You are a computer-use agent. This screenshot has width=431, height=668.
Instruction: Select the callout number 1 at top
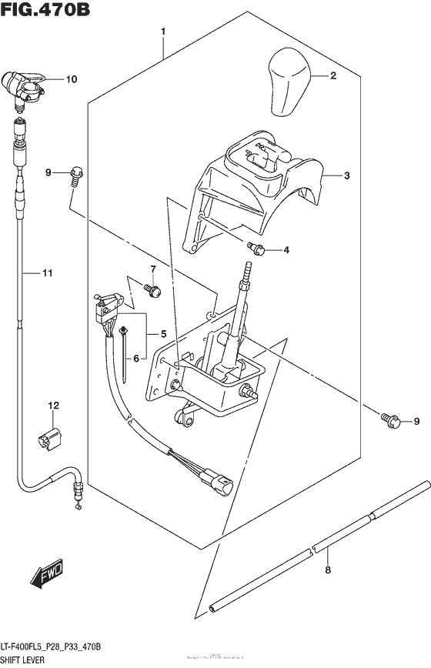pyautogui.click(x=163, y=32)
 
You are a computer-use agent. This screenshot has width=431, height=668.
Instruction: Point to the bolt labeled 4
pyautogui.click(x=256, y=249)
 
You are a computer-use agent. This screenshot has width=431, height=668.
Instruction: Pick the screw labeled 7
pyautogui.click(x=152, y=291)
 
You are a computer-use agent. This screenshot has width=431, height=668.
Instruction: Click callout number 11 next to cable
pyautogui.click(x=48, y=273)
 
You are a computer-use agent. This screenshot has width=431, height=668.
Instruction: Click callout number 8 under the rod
pyautogui.click(x=328, y=570)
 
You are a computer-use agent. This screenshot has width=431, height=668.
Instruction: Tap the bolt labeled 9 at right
pyautogui.click(x=390, y=419)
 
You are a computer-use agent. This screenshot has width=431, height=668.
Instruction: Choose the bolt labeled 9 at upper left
pyautogui.click(x=76, y=174)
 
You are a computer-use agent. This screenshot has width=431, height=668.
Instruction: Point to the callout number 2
pyautogui.click(x=333, y=75)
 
